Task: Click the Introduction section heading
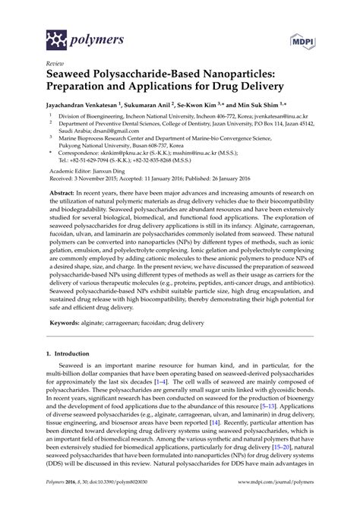(x=68, y=375)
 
